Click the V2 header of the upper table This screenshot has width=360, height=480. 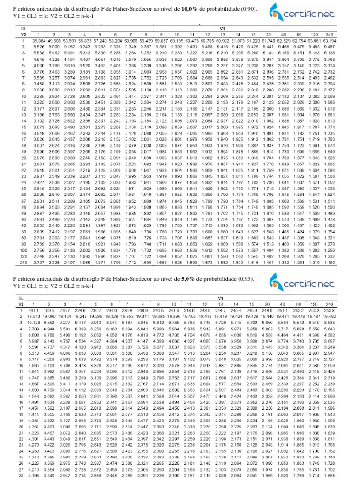(x=22, y=35)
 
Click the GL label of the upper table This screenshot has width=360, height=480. (x=20, y=29)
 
